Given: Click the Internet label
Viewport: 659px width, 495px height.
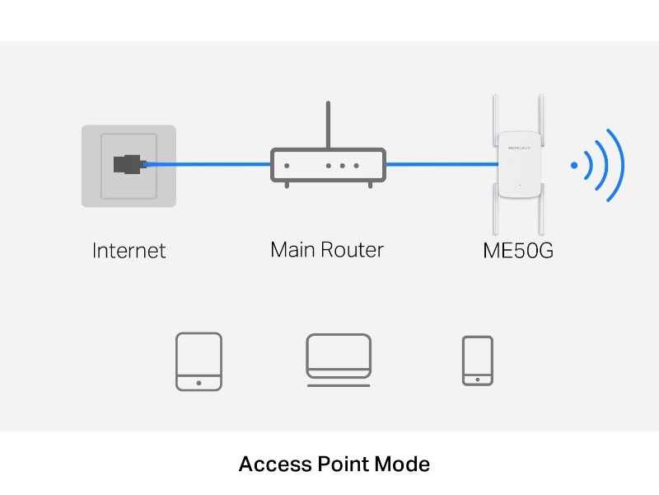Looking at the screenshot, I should point(129,251).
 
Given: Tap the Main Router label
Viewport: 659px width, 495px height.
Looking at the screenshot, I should point(327,249).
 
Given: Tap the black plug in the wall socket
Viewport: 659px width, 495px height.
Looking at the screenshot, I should point(129,164).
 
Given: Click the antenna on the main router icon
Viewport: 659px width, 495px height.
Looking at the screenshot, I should point(328,124).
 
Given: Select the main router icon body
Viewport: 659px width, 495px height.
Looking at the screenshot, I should point(328,165).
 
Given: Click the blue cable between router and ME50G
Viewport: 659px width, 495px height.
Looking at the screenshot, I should point(441,165).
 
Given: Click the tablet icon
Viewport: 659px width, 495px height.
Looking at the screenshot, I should point(199,361).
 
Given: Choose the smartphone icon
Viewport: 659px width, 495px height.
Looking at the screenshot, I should point(478,360).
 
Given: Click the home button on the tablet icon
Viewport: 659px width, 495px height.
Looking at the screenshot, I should point(199,382).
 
